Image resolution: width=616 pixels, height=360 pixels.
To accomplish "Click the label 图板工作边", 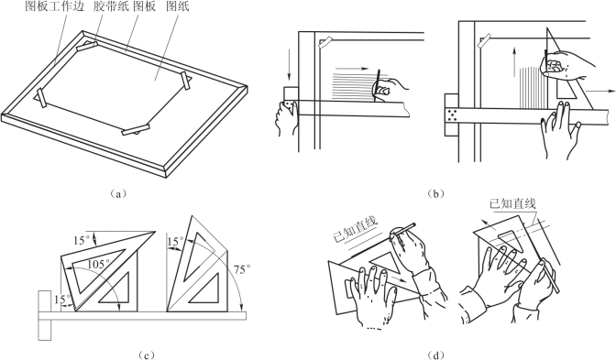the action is click(55, 6).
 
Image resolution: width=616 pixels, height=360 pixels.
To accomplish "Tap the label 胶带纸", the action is click(112, 6).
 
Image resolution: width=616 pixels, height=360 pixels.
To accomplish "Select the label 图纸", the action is click(177, 6).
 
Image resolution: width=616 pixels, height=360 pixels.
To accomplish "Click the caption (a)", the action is click(117, 193).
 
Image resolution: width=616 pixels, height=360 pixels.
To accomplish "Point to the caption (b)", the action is click(435, 193).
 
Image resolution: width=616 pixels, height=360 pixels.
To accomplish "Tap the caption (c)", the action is click(145, 355).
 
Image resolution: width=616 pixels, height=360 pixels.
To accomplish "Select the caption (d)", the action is click(435, 355).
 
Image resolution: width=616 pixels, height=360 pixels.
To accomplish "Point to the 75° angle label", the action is click(242, 269).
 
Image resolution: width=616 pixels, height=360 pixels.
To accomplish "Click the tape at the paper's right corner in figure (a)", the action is click(186, 81).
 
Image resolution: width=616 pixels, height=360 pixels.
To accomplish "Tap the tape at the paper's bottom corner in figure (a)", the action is click(136, 129).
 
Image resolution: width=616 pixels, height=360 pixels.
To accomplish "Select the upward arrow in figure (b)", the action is click(513, 62).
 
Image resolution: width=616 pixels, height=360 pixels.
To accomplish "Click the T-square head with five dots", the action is click(451, 115).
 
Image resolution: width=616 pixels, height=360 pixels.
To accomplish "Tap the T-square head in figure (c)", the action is click(45, 316).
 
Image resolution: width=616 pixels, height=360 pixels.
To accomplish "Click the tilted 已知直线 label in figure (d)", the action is click(355, 230).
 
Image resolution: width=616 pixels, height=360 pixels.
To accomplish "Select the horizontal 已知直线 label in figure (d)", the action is click(513, 204).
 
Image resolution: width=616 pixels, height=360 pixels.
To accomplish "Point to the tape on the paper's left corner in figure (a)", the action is click(41, 98).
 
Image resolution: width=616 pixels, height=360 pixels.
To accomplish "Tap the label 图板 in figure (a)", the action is click(145, 6).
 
